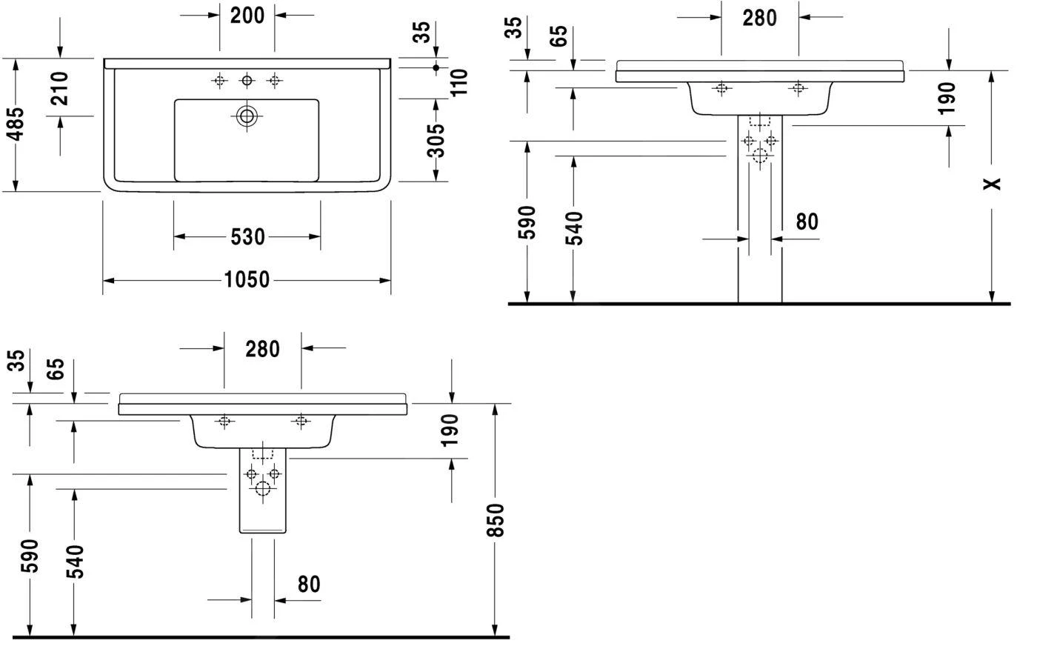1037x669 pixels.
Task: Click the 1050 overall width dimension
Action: (247, 280)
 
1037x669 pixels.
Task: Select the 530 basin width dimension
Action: (247, 236)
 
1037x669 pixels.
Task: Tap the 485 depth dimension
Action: (16, 124)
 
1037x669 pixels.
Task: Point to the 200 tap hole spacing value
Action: (247, 15)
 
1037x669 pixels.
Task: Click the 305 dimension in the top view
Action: (437, 140)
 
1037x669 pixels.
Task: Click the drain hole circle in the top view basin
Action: (247, 115)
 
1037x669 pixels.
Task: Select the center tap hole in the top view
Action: (247, 80)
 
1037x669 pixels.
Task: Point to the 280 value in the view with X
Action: (760, 18)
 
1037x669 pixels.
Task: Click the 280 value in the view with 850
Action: (262, 348)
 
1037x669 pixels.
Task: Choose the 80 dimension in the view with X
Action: (807, 222)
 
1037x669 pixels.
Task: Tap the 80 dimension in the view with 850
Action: (309, 584)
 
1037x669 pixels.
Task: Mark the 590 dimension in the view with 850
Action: (30, 555)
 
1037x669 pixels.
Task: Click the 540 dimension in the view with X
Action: (573, 227)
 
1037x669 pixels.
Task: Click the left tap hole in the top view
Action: (219, 80)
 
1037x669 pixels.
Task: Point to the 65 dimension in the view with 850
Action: (57, 368)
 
